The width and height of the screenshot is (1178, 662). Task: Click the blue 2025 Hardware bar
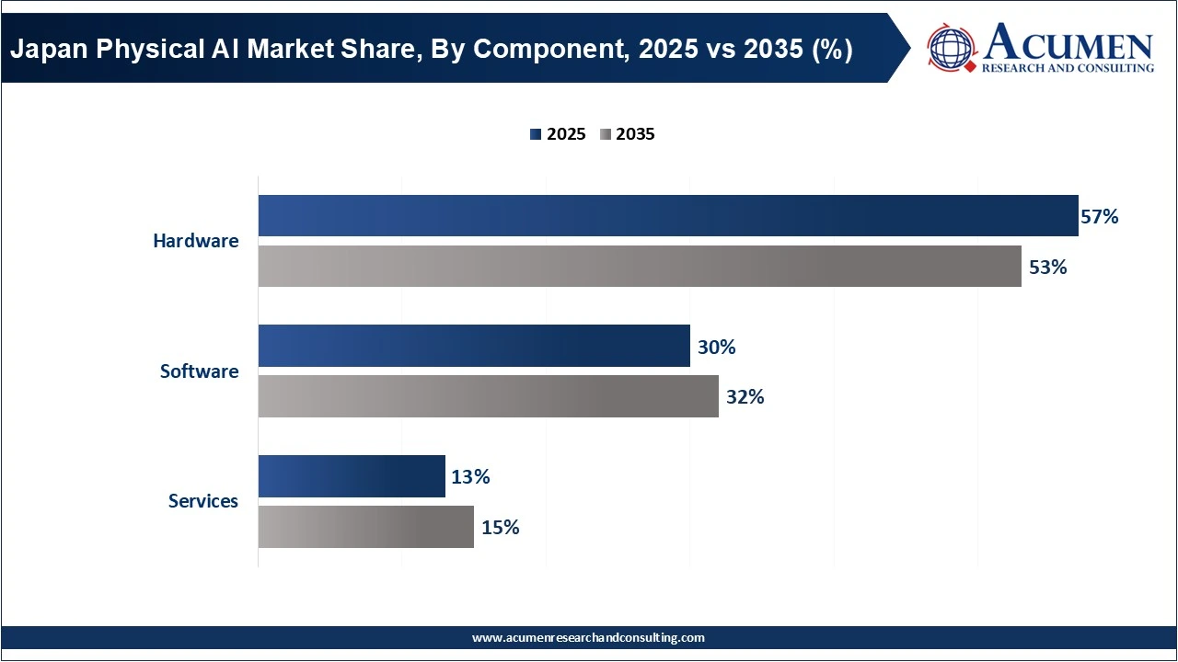[667, 216]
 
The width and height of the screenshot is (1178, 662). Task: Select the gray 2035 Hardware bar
[639, 267]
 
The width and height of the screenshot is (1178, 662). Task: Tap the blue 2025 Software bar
[473, 346]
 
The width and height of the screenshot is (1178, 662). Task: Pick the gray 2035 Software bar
[488, 396]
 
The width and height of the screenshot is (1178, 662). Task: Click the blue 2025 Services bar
[351, 476]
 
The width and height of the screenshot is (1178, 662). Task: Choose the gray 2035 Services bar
[365, 527]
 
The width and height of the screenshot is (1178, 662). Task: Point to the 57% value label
[1100, 217]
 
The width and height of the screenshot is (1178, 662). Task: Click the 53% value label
[1048, 268]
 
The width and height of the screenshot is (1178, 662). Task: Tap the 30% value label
[717, 348]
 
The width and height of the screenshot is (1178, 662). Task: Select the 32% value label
[745, 398]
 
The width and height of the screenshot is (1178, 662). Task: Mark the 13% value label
[470, 477]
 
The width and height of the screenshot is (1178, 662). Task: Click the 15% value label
[500, 528]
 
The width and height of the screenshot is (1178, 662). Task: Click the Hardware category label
[195, 241]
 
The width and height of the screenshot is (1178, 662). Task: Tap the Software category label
[199, 371]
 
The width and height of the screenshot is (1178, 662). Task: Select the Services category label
[202, 501]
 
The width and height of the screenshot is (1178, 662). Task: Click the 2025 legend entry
[558, 134]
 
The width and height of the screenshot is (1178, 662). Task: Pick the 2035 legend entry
[627, 134]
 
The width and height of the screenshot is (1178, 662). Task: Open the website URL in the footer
[588, 637]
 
